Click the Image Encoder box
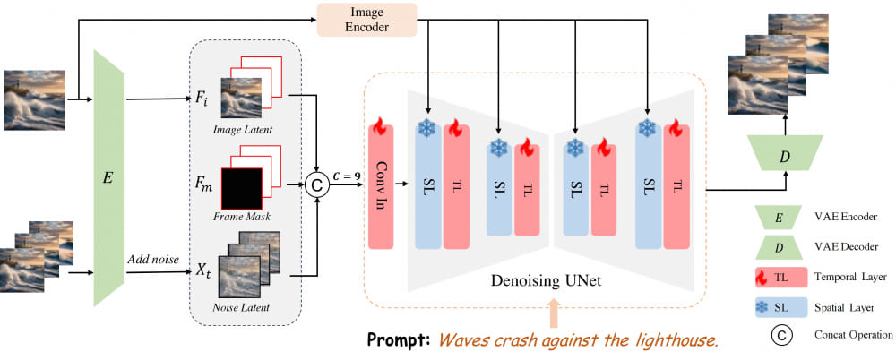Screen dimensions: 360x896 [x=367, y=20]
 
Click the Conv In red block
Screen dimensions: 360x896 [x=382, y=192]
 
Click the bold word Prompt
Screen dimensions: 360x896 [x=402, y=341]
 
